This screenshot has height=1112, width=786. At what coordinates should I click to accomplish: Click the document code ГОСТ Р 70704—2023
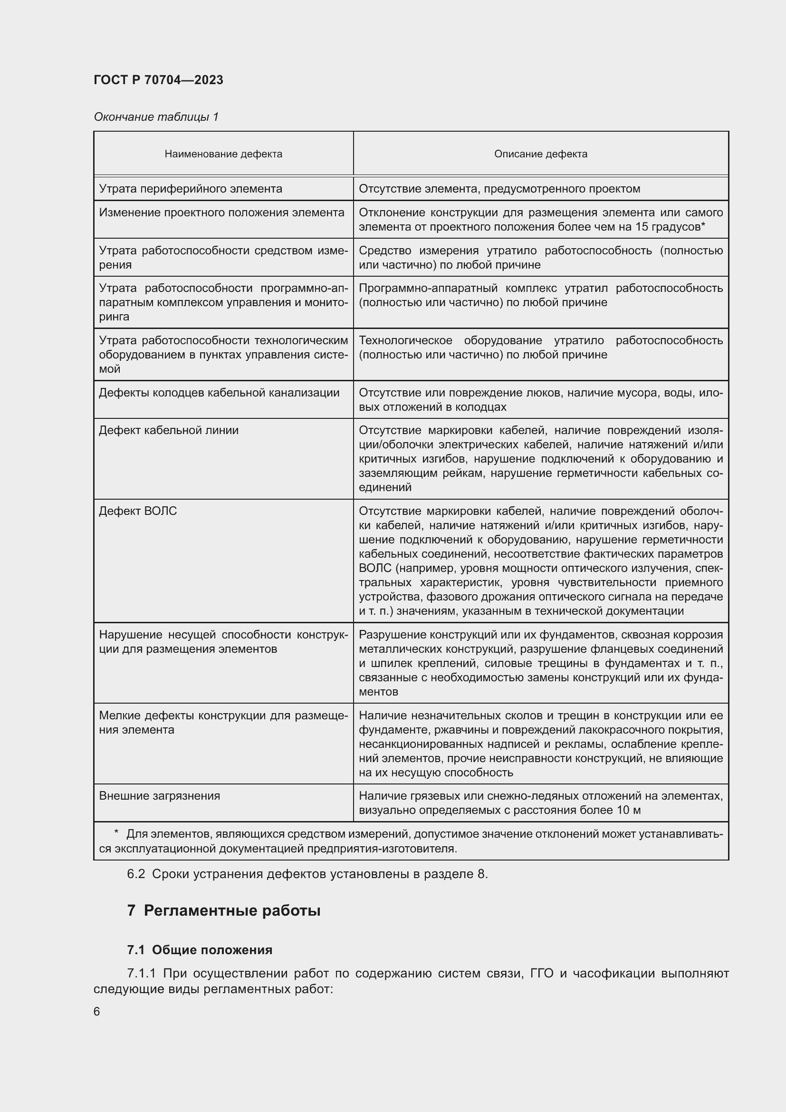point(158,80)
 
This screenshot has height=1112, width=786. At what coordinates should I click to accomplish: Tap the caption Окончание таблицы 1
point(156,117)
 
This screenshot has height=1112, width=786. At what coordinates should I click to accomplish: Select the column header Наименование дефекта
point(223,154)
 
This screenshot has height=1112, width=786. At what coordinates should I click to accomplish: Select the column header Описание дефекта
point(540,154)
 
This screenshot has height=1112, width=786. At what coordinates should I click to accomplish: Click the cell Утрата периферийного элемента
point(190,189)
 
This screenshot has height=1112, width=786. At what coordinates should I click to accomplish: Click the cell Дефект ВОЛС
point(138,511)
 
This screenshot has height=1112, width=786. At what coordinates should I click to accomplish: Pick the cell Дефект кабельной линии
point(168,430)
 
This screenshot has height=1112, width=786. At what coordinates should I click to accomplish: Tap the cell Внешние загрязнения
point(159,796)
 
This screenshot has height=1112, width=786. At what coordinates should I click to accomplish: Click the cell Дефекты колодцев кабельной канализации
point(219,392)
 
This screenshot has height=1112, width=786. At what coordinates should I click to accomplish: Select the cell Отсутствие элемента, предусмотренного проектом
point(499,189)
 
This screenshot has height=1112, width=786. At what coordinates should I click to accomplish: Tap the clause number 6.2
point(136,874)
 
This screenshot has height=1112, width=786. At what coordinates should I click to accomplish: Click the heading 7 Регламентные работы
point(224,910)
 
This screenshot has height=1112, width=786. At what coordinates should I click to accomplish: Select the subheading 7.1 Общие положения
point(200,950)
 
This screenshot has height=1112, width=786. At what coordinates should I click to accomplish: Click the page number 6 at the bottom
point(97,1012)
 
